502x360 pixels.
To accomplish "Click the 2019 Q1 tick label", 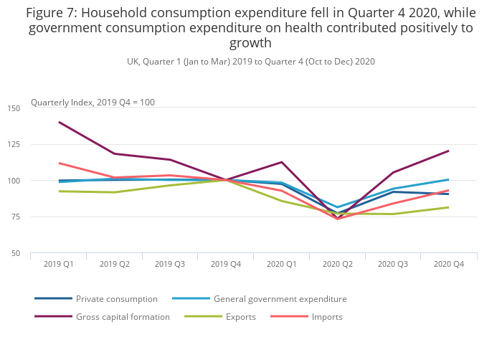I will pyautogui.click(x=59, y=264).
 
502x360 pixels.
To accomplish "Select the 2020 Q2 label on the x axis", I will pyautogui.click(x=337, y=264).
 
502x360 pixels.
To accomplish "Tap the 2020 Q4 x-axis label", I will pyautogui.click(x=449, y=264).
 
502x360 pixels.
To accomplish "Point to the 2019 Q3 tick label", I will pyautogui.click(x=170, y=264).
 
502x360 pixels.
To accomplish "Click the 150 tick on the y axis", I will pyautogui.click(x=34, y=108).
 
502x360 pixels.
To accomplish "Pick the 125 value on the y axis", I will pyautogui.click(x=34, y=144).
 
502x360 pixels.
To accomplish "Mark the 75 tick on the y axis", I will pyautogui.click(x=36, y=217).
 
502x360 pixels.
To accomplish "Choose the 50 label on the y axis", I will pyautogui.click(x=36, y=253).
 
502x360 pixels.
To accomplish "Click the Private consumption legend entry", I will pyautogui.click(x=116, y=298).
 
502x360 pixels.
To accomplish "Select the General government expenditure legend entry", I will pyautogui.click(x=280, y=298).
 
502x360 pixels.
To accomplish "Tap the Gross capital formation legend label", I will pyautogui.click(x=123, y=316).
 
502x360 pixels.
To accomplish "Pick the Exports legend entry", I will pyautogui.click(x=240, y=316).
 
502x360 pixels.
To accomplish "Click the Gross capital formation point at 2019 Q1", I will pyautogui.click(x=59, y=122).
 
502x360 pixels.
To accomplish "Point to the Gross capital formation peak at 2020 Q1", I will pyautogui.click(x=282, y=162).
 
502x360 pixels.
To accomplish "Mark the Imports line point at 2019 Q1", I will pyautogui.click(x=59, y=163).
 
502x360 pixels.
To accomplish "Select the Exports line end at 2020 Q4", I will pyautogui.click(x=449, y=207).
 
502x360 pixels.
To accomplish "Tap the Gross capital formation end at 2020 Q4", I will pyautogui.click(x=449, y=151).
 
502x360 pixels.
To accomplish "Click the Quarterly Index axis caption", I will pyautogui.click(x=93, y=103).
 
